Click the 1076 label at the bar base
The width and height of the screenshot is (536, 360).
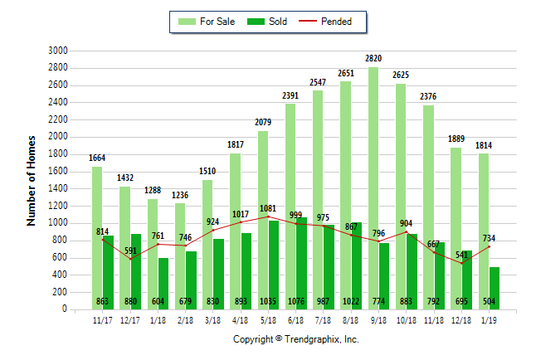[296, 300]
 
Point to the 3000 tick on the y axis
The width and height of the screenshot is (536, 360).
[57, 51]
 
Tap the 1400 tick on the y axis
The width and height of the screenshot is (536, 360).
[57, 188]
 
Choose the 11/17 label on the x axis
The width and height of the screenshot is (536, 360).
[103, 318]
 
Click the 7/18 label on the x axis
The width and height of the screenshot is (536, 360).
[324, 318]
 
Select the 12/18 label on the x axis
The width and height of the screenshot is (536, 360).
[461, 318]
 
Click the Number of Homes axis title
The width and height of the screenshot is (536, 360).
[32, 180]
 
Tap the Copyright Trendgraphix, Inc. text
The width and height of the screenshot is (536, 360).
[295, 339]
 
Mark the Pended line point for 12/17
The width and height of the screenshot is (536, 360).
[130, 259]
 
